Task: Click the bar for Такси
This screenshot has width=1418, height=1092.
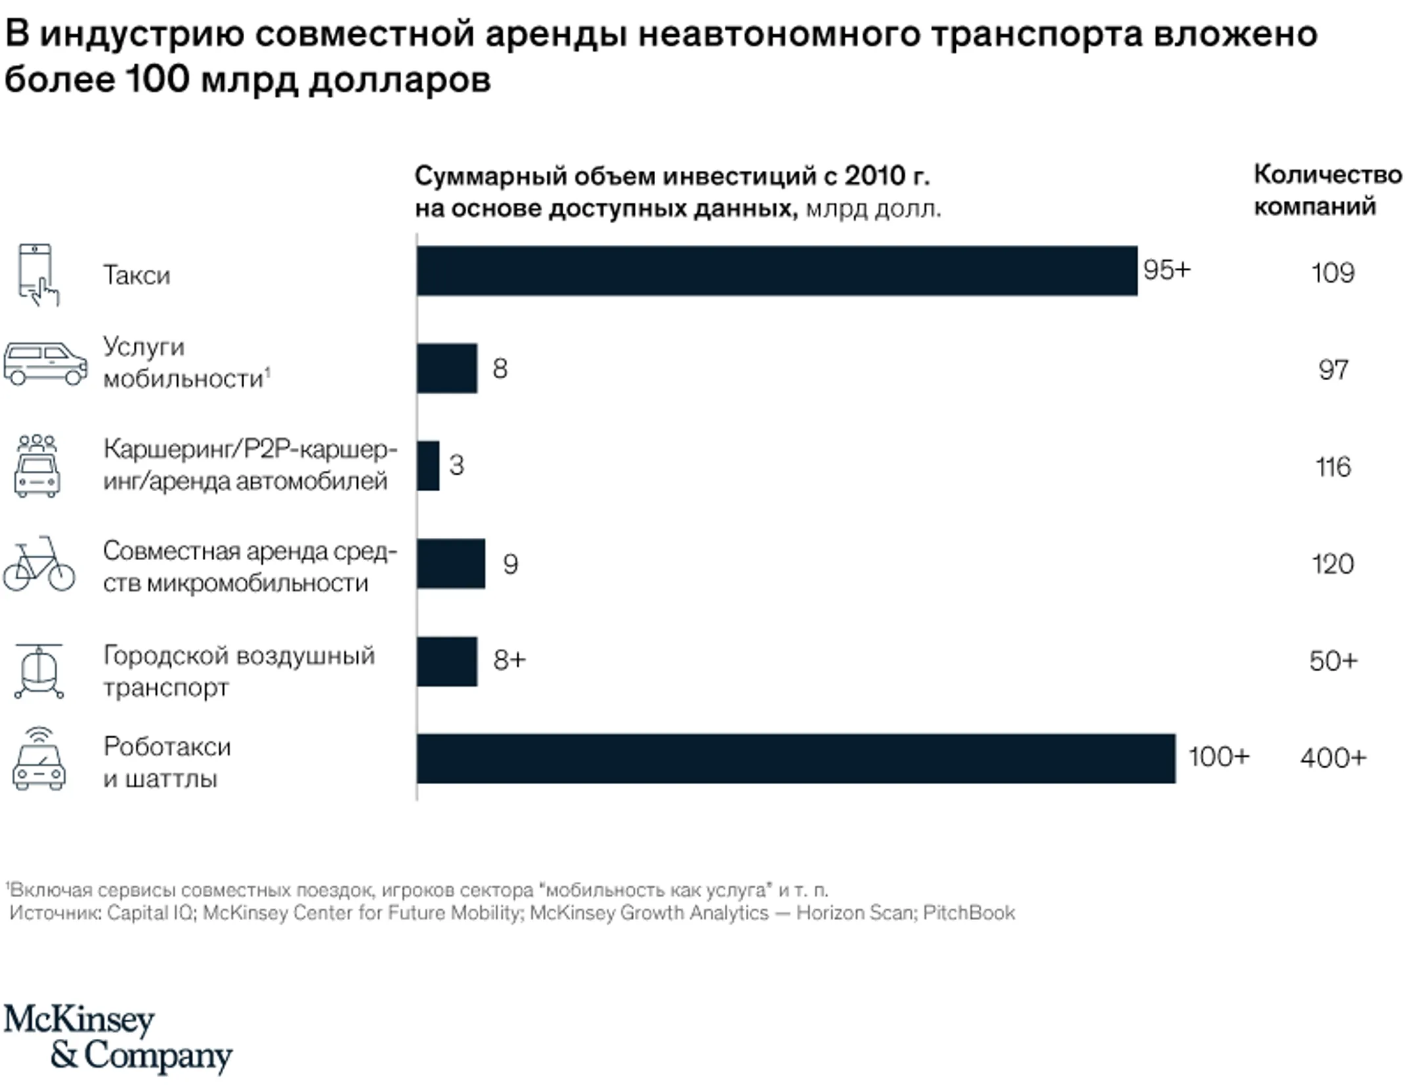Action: (777, 271)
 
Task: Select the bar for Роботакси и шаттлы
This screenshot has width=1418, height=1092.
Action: (796, 758)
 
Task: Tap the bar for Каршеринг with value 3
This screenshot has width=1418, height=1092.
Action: (428, 466)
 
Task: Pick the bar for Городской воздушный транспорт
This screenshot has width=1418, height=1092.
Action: (447, 661)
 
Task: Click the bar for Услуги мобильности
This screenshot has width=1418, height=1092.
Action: (447, 368)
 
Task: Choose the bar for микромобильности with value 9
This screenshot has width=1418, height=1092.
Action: (451, 563)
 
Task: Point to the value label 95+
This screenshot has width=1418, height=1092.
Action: (1167, 270)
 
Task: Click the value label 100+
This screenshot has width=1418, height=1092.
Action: (1218, 757)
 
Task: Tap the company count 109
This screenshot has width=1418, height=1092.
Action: (1333, 273)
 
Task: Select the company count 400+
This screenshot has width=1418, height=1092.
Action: (1333, 758)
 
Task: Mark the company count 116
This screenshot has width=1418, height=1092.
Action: (1333, 468)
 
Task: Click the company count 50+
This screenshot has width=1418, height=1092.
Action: (1333, 661)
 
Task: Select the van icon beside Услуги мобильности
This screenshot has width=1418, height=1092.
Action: (45, 362)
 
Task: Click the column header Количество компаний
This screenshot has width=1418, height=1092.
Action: (1327, 190)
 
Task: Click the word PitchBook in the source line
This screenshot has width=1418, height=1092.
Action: (969, 913)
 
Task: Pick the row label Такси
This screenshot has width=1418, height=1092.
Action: (137, 275)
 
